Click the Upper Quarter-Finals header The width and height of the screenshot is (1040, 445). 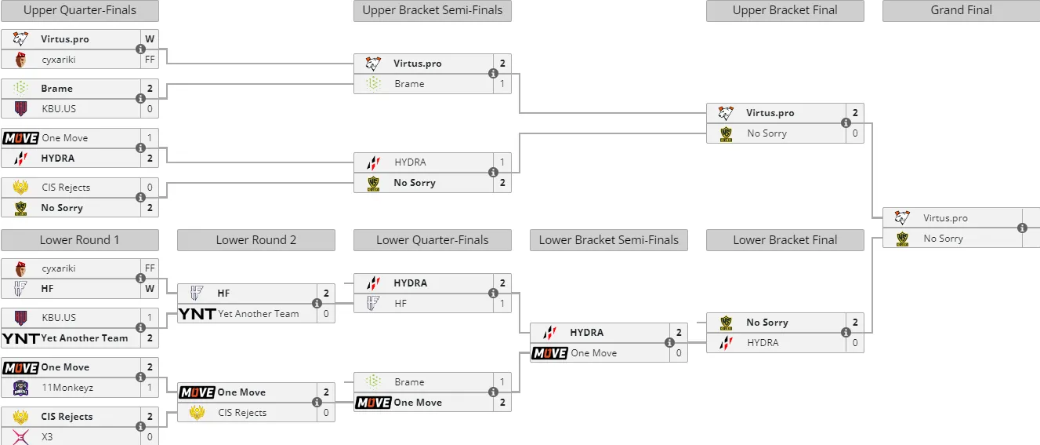[80, 10]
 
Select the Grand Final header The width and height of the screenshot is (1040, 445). [961, 10]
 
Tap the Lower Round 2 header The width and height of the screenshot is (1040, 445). [255, 240]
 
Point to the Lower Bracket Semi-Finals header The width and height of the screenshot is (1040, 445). [609, 240]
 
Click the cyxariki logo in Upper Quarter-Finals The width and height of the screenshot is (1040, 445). [20, 60]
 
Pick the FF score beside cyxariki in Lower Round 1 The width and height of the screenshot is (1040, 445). [150, 268]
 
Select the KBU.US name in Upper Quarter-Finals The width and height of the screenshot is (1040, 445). [59, 109]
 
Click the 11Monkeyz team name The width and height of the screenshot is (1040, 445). [67, 388]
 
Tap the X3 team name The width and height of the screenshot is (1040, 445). [47, 436]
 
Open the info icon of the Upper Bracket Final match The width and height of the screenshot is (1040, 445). [846, 122]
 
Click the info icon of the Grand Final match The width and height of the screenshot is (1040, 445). [1022, 228]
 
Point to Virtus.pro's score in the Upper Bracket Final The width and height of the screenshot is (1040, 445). [855, 112]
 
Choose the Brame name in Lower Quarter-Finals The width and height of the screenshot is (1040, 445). [410, 381]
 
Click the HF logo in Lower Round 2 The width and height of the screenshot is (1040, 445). [197, 293]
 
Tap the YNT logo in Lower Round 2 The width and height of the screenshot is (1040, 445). [197, 314]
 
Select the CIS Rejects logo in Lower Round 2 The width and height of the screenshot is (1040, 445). [197, 413]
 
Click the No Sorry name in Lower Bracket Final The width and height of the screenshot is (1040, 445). [767, 323]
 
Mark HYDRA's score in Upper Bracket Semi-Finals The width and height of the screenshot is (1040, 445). [502, 162]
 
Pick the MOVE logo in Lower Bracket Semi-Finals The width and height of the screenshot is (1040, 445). [549, 353]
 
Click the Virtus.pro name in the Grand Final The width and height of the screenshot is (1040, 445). [945, 218]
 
